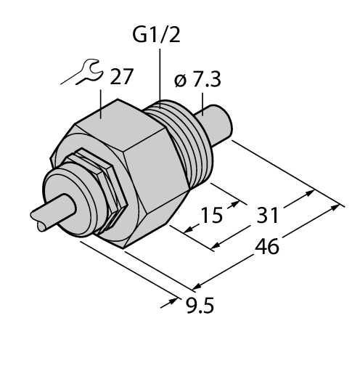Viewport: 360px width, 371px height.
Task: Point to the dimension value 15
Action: tap(212, 216)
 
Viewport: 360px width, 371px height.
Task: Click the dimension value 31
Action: tap(266, 216)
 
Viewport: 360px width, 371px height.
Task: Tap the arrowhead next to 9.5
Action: tap(176, 297)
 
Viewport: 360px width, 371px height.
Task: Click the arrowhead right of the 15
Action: tap(233, 206)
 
